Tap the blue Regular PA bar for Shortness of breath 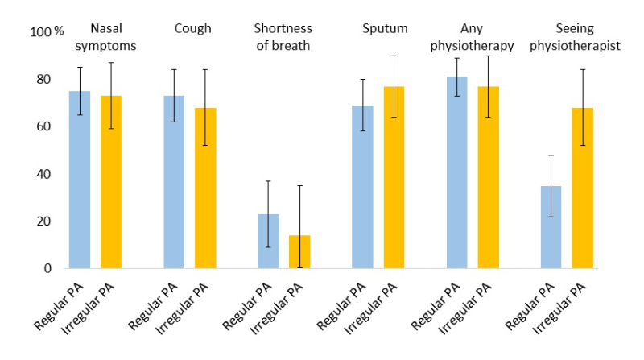[x=269, y=241]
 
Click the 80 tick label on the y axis [x=42, y=80]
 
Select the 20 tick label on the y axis [x=42, y=221]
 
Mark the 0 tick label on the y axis [x=46, y=268]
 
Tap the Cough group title [x=193, y=29]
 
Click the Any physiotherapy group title [x=472, y=38]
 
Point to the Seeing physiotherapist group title [x=574, y=38]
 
